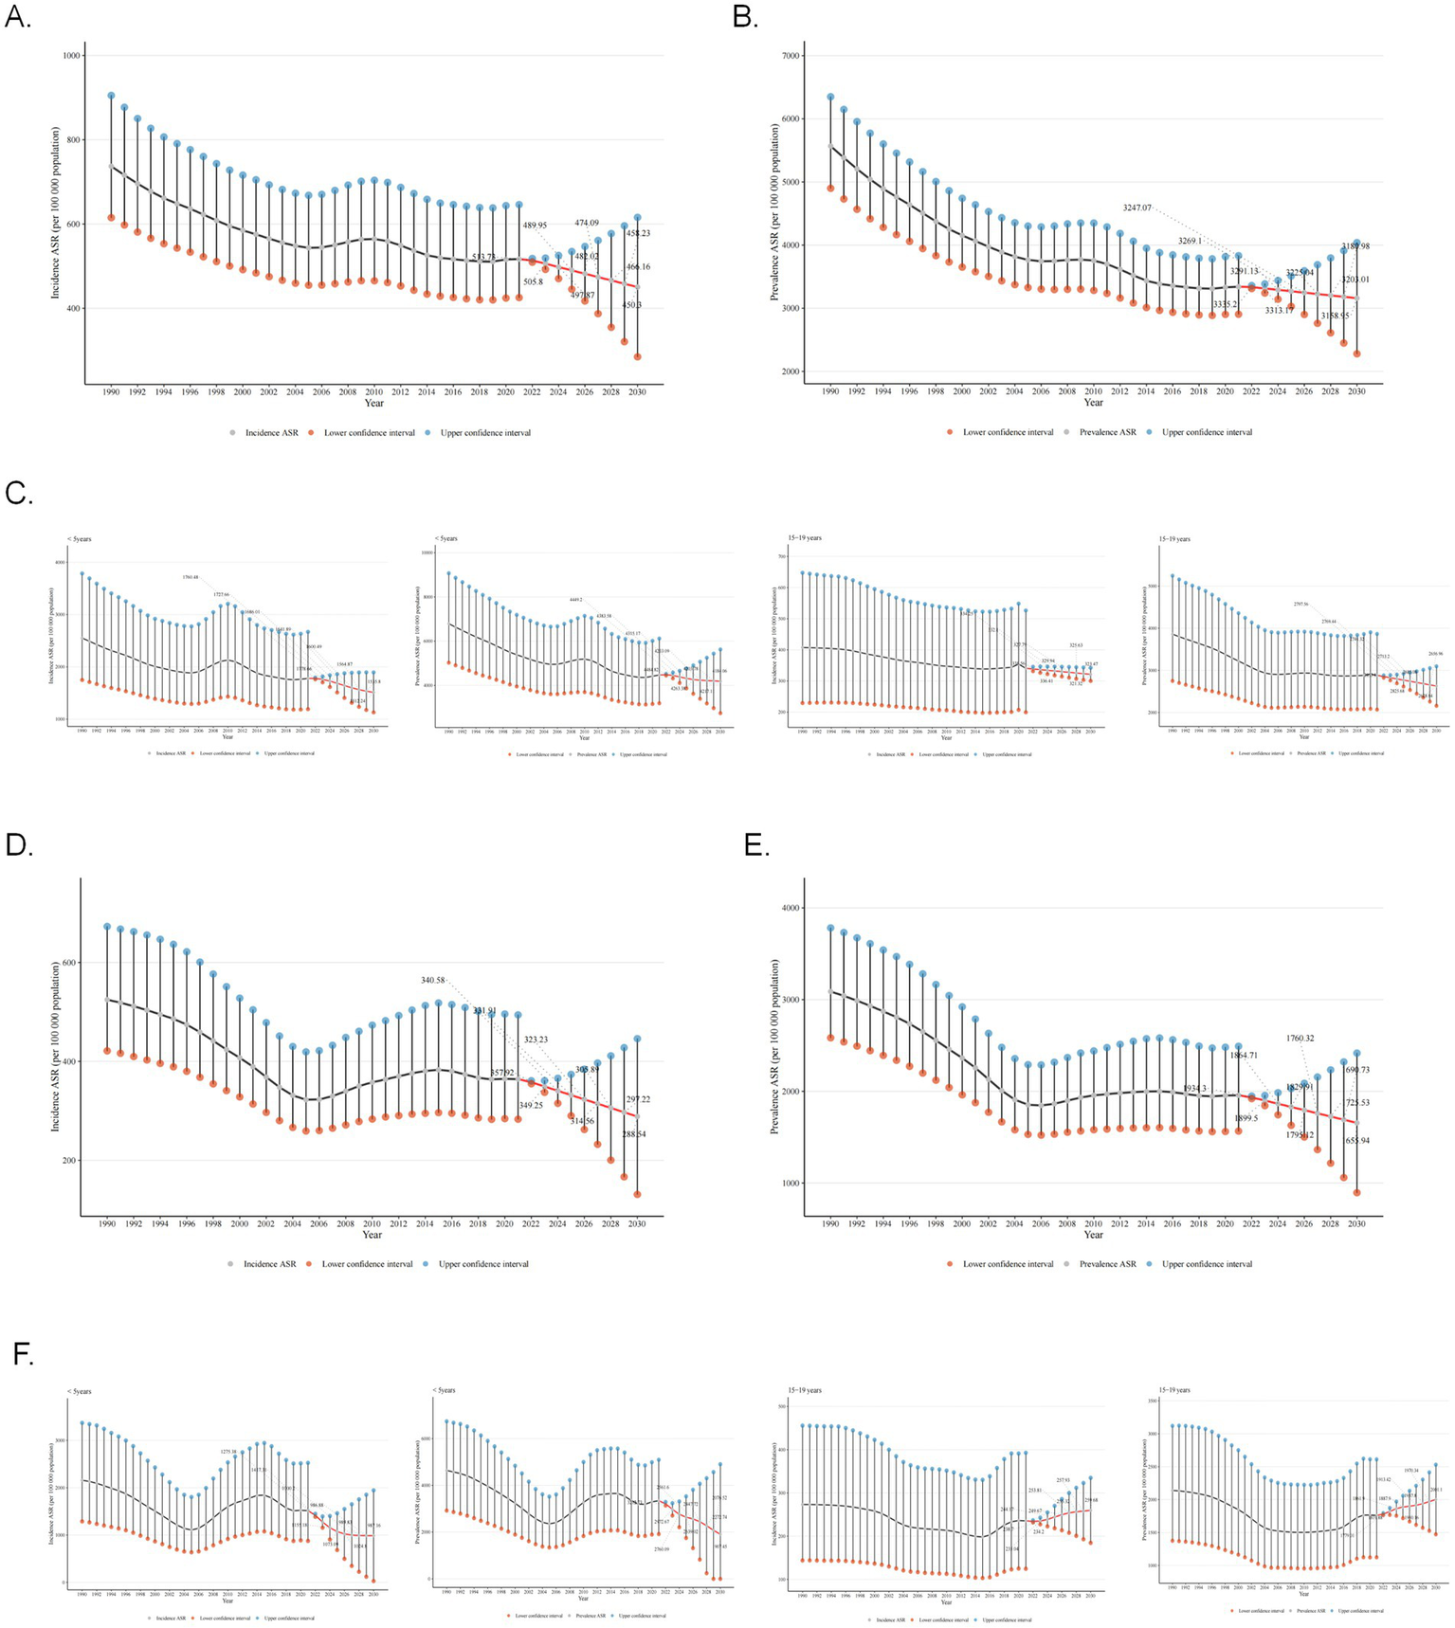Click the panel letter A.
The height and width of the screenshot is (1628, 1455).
(18, 17)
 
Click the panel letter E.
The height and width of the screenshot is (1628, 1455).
(755, 845)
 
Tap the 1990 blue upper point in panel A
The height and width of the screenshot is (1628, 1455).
(111, 96)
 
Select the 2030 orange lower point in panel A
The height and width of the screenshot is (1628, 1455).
(638, 357)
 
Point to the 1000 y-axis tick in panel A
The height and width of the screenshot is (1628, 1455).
(70, 56)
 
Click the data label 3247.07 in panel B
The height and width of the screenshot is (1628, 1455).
(1137, 208)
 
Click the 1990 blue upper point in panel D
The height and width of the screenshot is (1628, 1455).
(107, 927)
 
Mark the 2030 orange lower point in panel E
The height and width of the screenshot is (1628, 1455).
(1356, 1193)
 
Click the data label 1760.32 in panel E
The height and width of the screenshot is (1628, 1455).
(1300, 1039)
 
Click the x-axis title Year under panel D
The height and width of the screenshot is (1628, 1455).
(372, 1234)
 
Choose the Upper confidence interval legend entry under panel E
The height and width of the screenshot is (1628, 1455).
(1207, 1264)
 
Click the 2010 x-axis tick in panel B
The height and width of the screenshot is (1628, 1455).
(1094, 390)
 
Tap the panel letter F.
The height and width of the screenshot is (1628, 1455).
(24, 1355)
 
